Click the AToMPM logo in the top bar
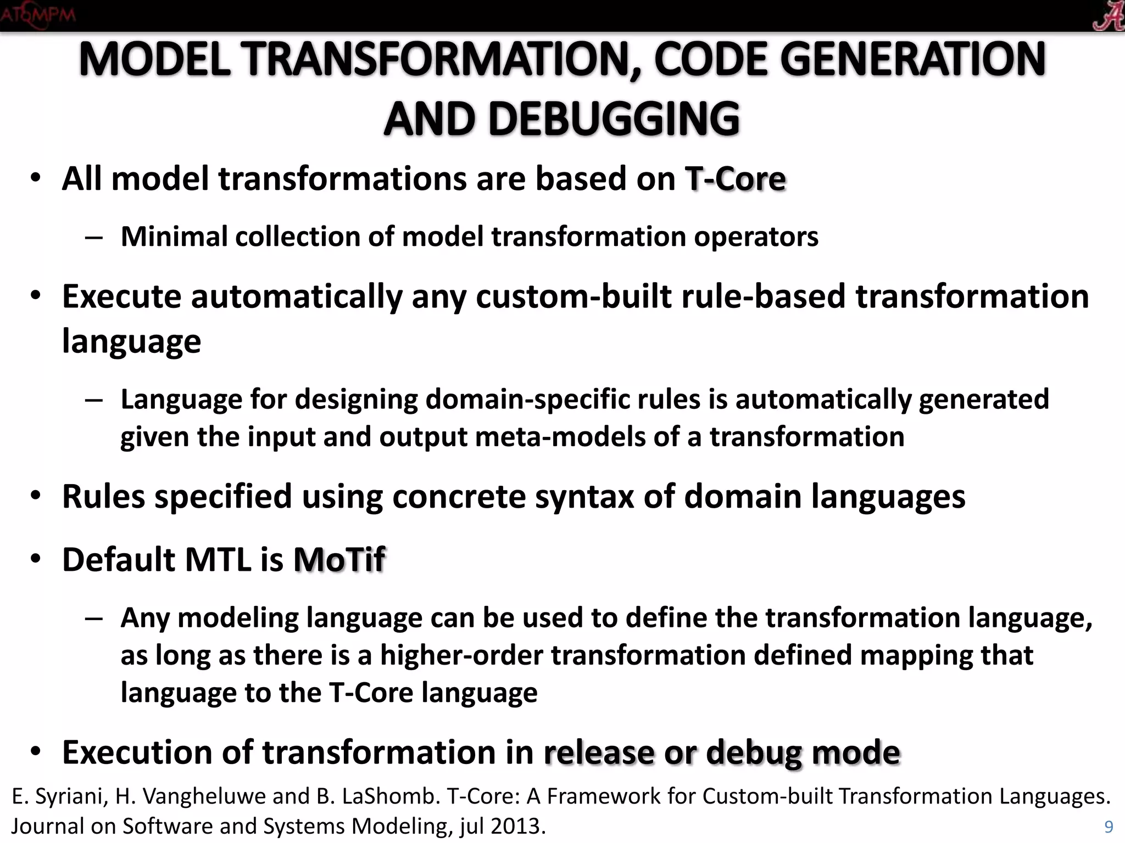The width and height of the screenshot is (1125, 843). [37, 15]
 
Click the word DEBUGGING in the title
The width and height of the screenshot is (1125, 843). [614, 119]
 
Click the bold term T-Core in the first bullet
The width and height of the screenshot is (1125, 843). [735, 179]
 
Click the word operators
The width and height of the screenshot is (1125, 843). [756, 237]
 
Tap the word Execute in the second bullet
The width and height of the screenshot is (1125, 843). [121, 296]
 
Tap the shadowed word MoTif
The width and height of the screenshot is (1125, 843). [339, 560]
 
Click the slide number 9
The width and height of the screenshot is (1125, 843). [1109, 827]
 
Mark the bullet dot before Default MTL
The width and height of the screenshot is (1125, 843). [36, 559]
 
